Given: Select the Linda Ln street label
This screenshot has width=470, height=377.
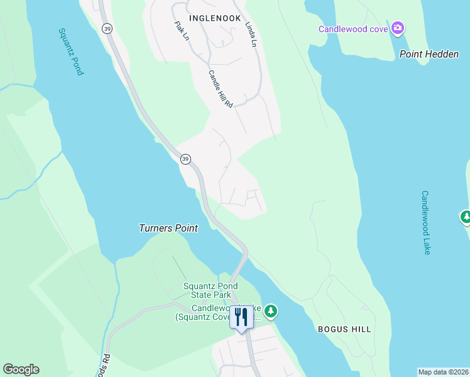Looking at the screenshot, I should coord(253,34).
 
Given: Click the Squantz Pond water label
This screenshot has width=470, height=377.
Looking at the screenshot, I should coord(70,52).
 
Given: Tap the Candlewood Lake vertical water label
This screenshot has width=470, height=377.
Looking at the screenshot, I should coord(427,222).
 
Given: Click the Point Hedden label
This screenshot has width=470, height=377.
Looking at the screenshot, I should coord(429,54).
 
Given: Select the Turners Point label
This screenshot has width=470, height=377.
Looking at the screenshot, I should coord(168,228).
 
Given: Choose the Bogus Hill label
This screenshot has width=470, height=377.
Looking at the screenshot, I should coord(344,329).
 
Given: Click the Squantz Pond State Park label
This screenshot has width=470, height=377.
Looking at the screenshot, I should coord(207,290).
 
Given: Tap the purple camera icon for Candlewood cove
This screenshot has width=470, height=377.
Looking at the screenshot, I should coord(397,28).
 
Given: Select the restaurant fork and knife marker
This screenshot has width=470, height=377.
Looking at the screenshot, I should coord(241,316).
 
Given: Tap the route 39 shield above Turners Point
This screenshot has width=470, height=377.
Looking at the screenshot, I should coord(185,160).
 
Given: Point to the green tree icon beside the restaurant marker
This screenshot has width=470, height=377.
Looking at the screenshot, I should coord(271,310).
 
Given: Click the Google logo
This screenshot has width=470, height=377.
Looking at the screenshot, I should coord(21,369).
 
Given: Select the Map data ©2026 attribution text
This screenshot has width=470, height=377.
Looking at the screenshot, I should coord(443,372).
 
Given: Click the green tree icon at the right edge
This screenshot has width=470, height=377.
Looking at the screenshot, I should coord(466,217).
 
